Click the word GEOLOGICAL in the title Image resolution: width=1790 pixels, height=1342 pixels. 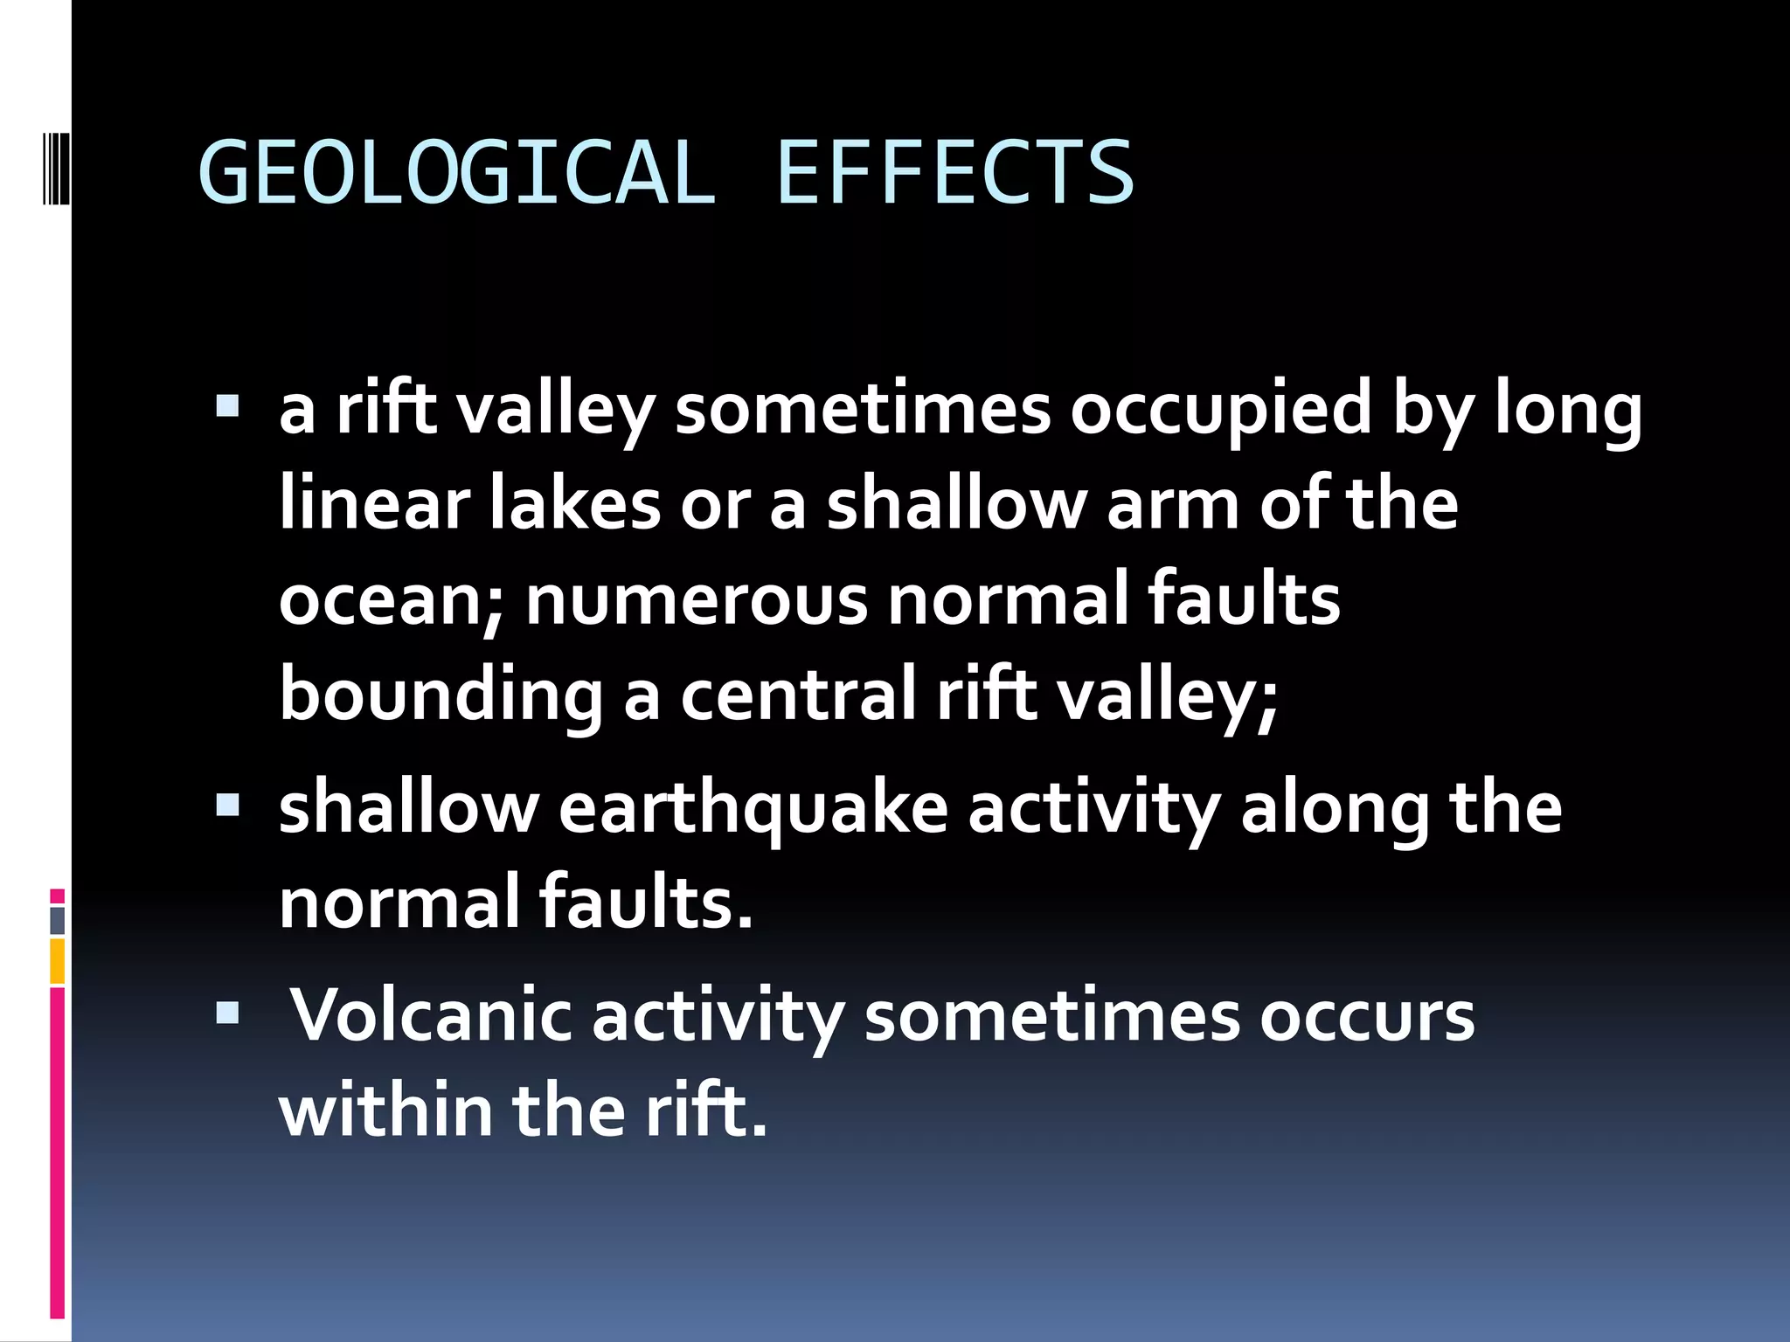tap(456, 173)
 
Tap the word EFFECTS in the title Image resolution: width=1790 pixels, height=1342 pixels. tap(954, 173)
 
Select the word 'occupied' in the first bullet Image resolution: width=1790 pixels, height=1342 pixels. tap(1222, 411)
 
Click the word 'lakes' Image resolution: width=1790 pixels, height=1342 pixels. tap(574, 505)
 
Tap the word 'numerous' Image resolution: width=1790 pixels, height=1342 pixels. tap(696, 601)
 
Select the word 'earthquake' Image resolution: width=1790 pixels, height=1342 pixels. tap(753, 809)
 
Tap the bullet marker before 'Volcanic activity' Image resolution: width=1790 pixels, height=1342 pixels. tap(227, 1013)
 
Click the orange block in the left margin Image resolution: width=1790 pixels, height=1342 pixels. tap(58, 961)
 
